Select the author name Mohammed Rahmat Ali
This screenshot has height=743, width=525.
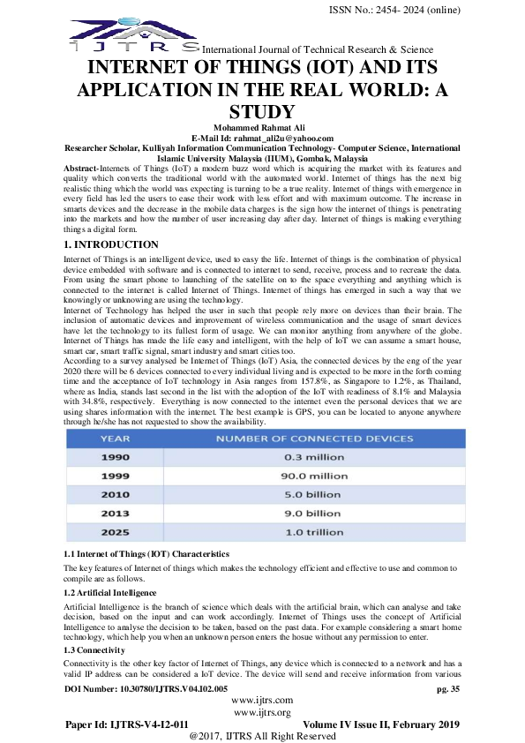tap(262, 128)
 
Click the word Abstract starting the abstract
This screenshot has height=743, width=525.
tap(81, 168)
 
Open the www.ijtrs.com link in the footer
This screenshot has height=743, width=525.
tap(262, 700)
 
